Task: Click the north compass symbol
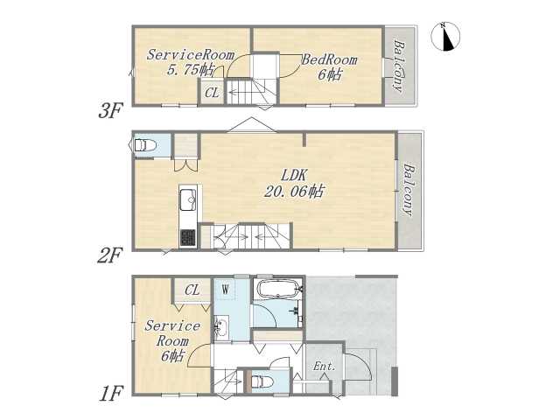click(445, 36)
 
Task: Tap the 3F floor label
click(110, 110)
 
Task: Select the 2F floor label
click(110, 255)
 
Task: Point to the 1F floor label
click(111, 394)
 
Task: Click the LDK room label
click(294, 175)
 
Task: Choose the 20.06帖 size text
click(294, 192)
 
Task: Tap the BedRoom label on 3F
click(329, 59)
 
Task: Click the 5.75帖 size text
click(191, 69)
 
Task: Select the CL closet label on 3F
click(212, 94)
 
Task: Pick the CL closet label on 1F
click(192, 290)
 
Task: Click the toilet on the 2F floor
click(145, 145)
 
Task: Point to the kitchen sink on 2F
click(188, 199)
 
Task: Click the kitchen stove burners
click(188, 237)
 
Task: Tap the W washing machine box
click(225, 290)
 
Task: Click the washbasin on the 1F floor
click(221, 327)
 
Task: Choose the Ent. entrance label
click(325, 366)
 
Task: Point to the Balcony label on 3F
click(400, 66)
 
